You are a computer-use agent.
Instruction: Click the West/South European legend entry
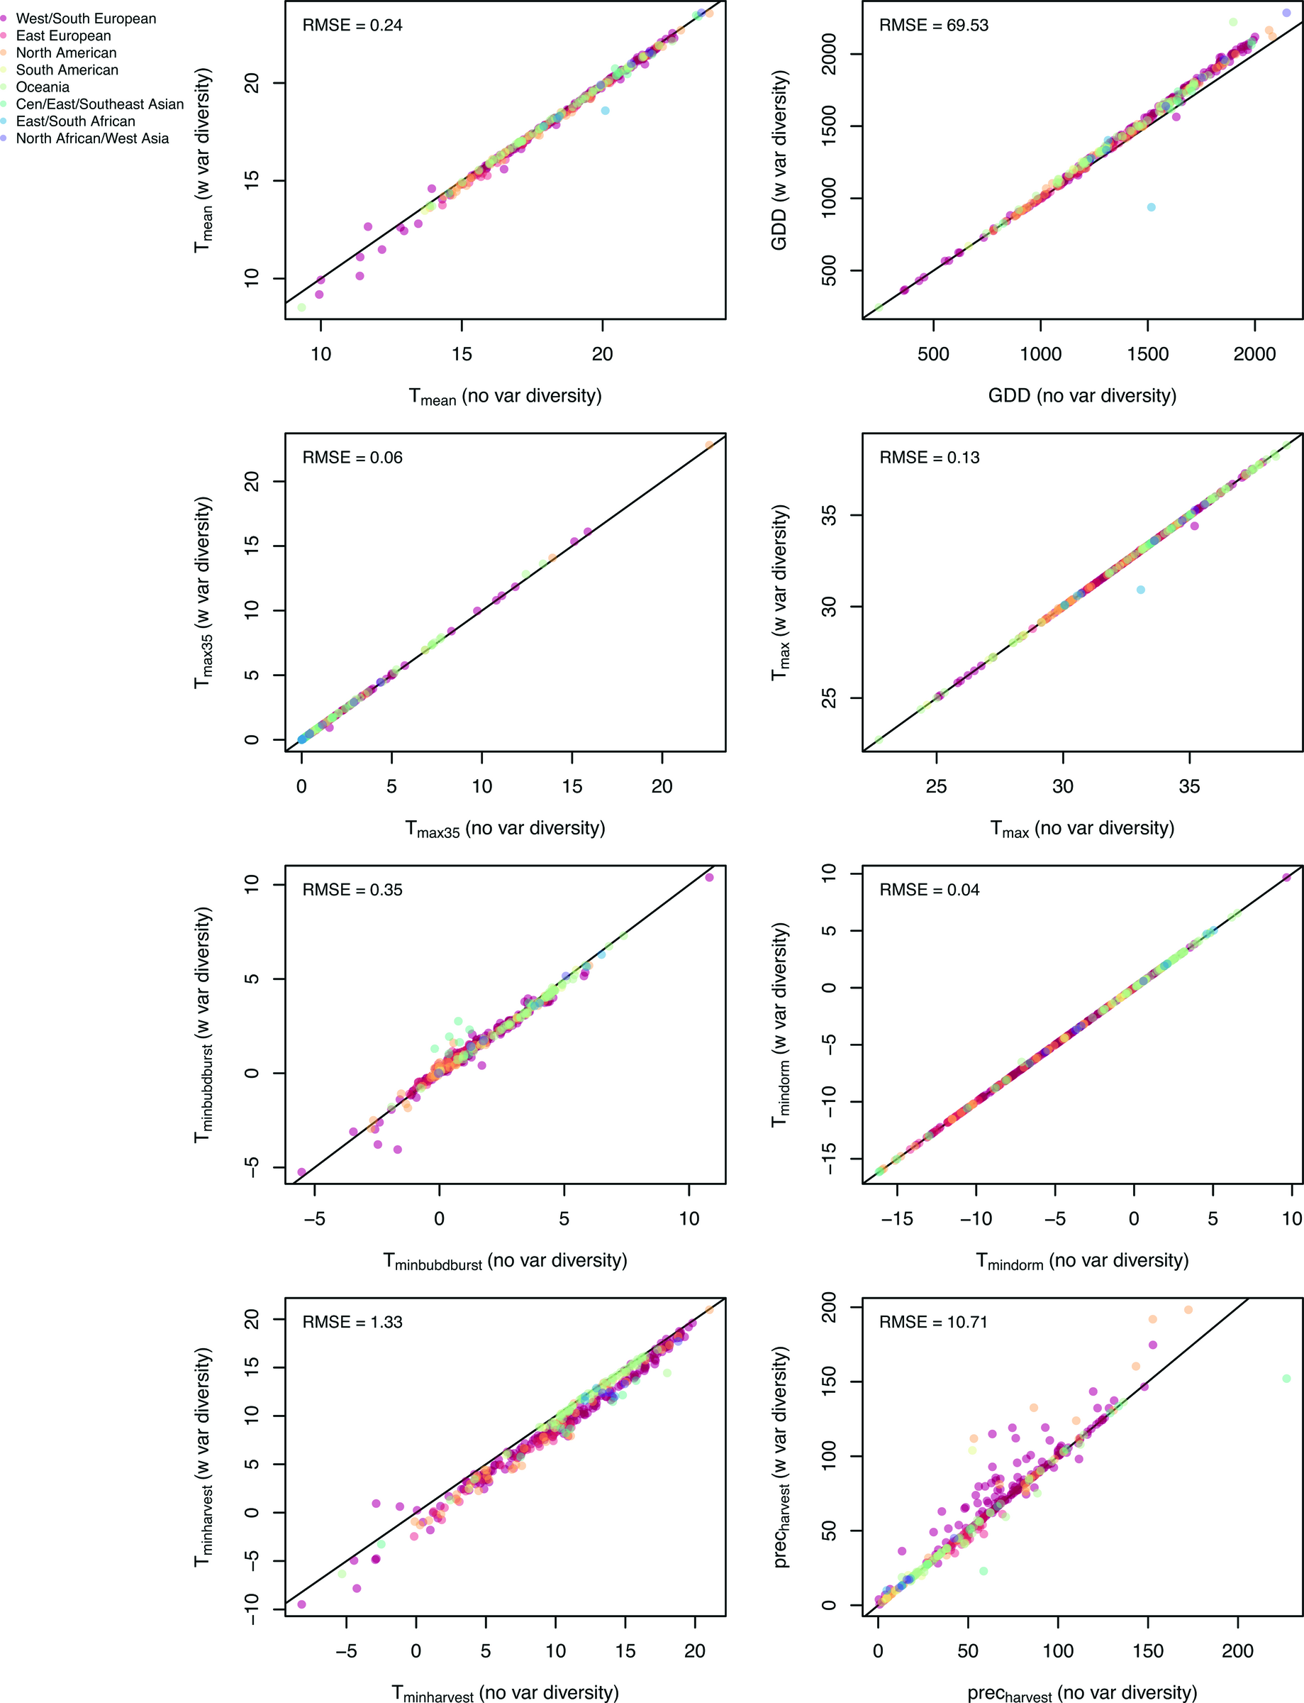coord(85,18)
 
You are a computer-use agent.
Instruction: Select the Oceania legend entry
coord(43,87)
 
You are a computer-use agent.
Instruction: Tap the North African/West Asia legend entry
coord(91,138)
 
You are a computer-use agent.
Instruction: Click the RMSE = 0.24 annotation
coord(352,26)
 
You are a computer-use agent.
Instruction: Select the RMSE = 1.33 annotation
coord(352,1322)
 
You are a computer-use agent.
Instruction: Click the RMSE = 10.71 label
coord(933,1322)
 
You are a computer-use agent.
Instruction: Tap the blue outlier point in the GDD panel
coord(1151,207)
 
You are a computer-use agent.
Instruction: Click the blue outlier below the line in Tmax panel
coord(1140,590)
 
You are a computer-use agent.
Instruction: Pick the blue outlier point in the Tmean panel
coord(606,111)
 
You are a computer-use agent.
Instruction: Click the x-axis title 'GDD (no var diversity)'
coord(1082,396)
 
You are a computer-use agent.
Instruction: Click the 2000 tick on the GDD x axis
coord(1254,355)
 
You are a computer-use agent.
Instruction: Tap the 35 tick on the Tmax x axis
coord(1189,787)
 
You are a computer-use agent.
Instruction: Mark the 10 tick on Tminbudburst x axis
coord(689,1218)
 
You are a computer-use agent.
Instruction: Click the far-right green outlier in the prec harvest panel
coord(1286,1379)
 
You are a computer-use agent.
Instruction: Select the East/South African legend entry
coord(75,121)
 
